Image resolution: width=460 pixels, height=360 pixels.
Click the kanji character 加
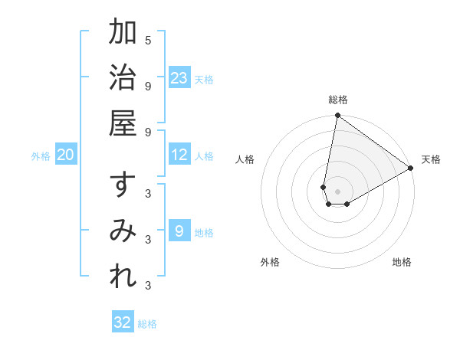[123, 33]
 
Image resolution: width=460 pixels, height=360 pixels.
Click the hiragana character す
[123, 186]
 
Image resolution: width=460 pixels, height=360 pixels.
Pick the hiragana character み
[123, 231]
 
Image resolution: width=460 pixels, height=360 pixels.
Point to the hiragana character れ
[123, 277]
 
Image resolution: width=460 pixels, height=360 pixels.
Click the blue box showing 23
[179, 78]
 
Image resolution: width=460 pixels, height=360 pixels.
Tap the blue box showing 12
[179, 155]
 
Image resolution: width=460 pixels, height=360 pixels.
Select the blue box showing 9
[179, 231]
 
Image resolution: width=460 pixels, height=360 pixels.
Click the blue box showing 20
[66, 155]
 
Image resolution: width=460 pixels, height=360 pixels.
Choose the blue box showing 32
[123, 322]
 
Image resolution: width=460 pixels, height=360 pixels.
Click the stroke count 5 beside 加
[148, 40]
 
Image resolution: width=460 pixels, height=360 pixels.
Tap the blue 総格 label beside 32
[147, 324]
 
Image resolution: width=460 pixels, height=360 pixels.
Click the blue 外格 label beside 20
[41, 156]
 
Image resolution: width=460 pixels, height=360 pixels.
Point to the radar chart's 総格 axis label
[337, 100]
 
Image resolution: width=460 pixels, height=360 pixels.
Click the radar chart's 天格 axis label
[431, 159]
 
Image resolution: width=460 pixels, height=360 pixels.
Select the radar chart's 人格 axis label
[245, 159]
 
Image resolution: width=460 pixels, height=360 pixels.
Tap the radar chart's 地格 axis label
[402, 262]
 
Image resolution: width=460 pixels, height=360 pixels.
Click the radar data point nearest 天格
[411, 169]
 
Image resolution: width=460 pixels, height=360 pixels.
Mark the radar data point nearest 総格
[337, 116]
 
